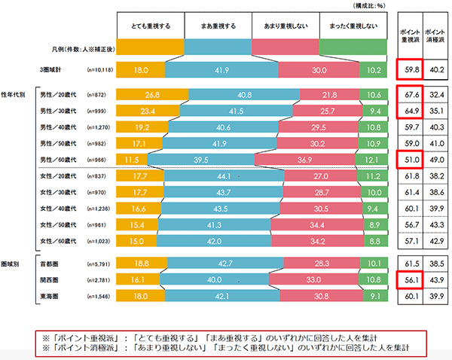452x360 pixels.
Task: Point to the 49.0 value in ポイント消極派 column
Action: [x=435, y=160]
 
